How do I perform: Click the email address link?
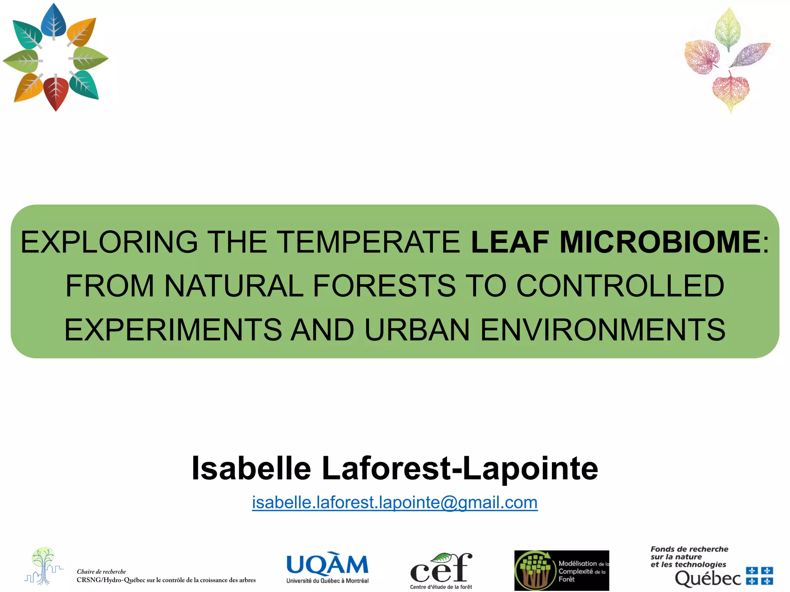click(395, 503)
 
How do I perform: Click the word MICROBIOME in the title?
click(660, 242)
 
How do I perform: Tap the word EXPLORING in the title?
click(109, 242)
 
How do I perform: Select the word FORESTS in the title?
click(384, 286)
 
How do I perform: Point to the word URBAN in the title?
click(417, 330)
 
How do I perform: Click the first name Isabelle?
click(251, 469)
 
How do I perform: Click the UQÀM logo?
click(327, 569)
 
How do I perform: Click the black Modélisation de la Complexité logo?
click(562, 570)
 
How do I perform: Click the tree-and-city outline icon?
click(44, 565)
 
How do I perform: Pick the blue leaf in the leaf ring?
click(54, 21)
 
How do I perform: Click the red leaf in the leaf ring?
click(56, 93)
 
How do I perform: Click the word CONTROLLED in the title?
click(620, 286)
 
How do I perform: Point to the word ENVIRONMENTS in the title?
click(603, 330)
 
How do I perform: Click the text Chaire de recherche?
click(101, 572)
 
